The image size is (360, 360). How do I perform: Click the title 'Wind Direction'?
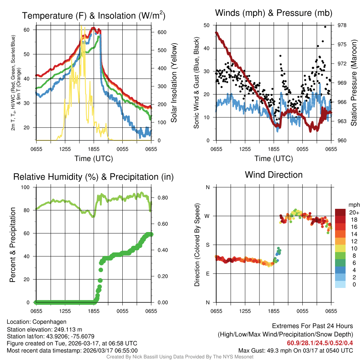[x=274, y=175]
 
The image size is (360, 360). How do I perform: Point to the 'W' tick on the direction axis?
[x=207, y=216]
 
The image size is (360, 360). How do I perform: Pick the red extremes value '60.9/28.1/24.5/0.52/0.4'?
[x=320, y=343]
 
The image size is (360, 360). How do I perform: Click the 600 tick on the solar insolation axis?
[x=162, y=32]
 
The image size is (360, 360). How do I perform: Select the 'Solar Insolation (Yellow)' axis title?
[x=174, y=83]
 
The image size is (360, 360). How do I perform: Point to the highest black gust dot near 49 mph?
[x=325, y=27]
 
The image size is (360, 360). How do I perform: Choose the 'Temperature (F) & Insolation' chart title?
[x=94, y=15]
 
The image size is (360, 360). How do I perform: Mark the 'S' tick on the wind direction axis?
[x=207, y=245]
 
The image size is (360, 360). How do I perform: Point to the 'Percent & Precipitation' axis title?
[x=12, y=245]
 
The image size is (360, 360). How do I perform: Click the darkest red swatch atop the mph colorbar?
[x=340, y=212]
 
